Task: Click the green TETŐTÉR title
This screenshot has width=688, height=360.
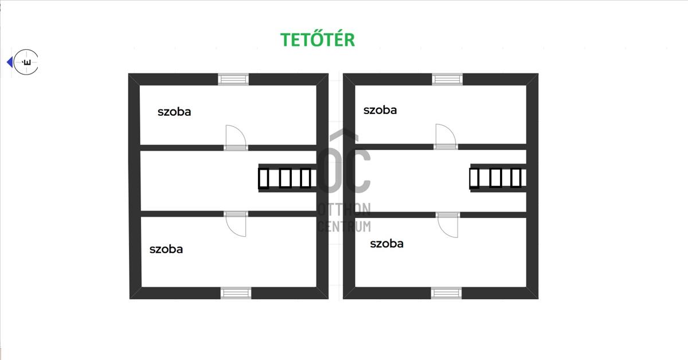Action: (318, 39)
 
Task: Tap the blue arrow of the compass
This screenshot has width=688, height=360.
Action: (10, 62)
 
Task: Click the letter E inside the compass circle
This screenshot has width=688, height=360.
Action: (27, 62)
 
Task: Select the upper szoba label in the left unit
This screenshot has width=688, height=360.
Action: (174, 112)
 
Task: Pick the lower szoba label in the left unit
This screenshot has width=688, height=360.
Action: (166, 249)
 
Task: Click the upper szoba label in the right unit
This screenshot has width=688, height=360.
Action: (380, 110)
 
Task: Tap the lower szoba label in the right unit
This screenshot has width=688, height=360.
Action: (386, 244)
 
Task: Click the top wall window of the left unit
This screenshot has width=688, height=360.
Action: (233, 79)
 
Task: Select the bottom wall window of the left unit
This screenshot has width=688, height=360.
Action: (236, 293)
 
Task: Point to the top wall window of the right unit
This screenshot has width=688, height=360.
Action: (447, 79)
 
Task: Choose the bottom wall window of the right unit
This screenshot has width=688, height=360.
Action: (446, 293)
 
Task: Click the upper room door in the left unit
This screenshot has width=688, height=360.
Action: (236, 138)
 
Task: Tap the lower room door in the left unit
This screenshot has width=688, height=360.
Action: (236, 224)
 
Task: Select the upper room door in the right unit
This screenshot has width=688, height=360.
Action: (445, 136)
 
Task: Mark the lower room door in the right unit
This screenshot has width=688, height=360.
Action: (448, 225)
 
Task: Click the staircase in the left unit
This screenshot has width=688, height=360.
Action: (287, 178)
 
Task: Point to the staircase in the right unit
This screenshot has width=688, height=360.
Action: (498, 178)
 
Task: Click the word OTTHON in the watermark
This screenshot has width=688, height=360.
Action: (344, 209)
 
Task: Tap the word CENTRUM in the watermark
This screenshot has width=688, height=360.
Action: (344, 226)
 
